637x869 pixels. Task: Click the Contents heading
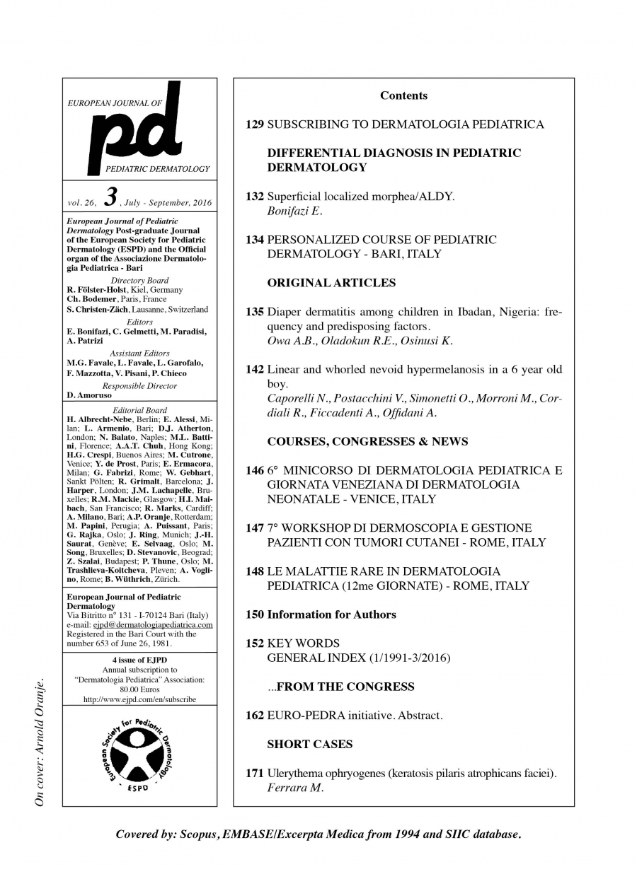[x=403, y=95]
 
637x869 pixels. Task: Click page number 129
[x=255, y=124]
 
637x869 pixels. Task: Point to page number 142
[x=255, y=369]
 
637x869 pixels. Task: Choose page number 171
[x=255, y=773]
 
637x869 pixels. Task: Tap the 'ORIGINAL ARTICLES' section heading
[x=331, y=283]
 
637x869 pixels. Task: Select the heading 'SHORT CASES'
[x=309, y=744]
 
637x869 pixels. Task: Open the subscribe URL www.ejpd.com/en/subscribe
[x=139, y=699]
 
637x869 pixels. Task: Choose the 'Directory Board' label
[x=139, y=281]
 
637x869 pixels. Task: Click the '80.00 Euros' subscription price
[x=139, y=689]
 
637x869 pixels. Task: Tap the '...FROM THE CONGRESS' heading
[x=340, y=687]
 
